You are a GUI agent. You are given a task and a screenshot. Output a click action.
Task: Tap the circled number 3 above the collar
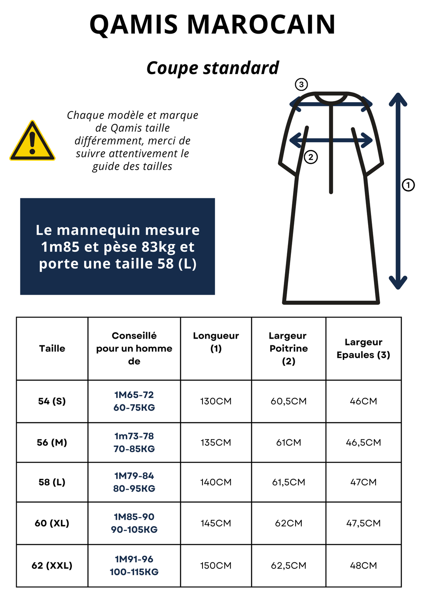click(301, 85)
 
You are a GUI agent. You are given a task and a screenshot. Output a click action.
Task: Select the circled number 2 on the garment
click(310, 157)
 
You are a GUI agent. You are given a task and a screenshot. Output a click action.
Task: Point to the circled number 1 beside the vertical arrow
click(408, 185)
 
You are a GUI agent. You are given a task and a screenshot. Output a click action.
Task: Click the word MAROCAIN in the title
click(261, 25)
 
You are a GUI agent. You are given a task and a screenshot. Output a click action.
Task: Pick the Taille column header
click(52, 349)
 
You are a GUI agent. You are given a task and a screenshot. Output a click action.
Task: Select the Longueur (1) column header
click(216, 342)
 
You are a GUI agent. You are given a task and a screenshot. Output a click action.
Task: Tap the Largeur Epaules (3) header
click(363, 349)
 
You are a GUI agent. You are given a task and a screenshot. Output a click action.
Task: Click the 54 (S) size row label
click(52, 401)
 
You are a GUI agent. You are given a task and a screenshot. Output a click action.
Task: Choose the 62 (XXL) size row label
click(52, 566)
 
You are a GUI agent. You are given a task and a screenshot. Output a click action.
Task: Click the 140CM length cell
click(216, 482)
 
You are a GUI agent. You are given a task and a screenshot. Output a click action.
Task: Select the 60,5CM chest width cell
click(288, 401)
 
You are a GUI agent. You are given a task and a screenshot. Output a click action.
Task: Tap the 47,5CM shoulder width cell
click(363, 523)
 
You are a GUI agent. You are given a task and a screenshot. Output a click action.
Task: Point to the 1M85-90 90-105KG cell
click(134, 523)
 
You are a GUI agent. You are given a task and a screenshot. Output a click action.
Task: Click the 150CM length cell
click(216, 566)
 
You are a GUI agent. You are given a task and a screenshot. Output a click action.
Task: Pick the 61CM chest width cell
click(288, 443)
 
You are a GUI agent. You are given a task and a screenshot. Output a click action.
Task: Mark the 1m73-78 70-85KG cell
click(134, 443)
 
